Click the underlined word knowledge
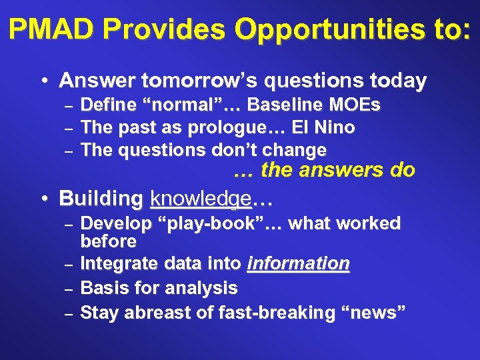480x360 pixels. click(200, 199)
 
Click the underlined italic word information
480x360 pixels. click(298, 264)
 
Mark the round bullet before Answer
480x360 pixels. click(43, 82)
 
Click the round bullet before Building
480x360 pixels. click(43, 199)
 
